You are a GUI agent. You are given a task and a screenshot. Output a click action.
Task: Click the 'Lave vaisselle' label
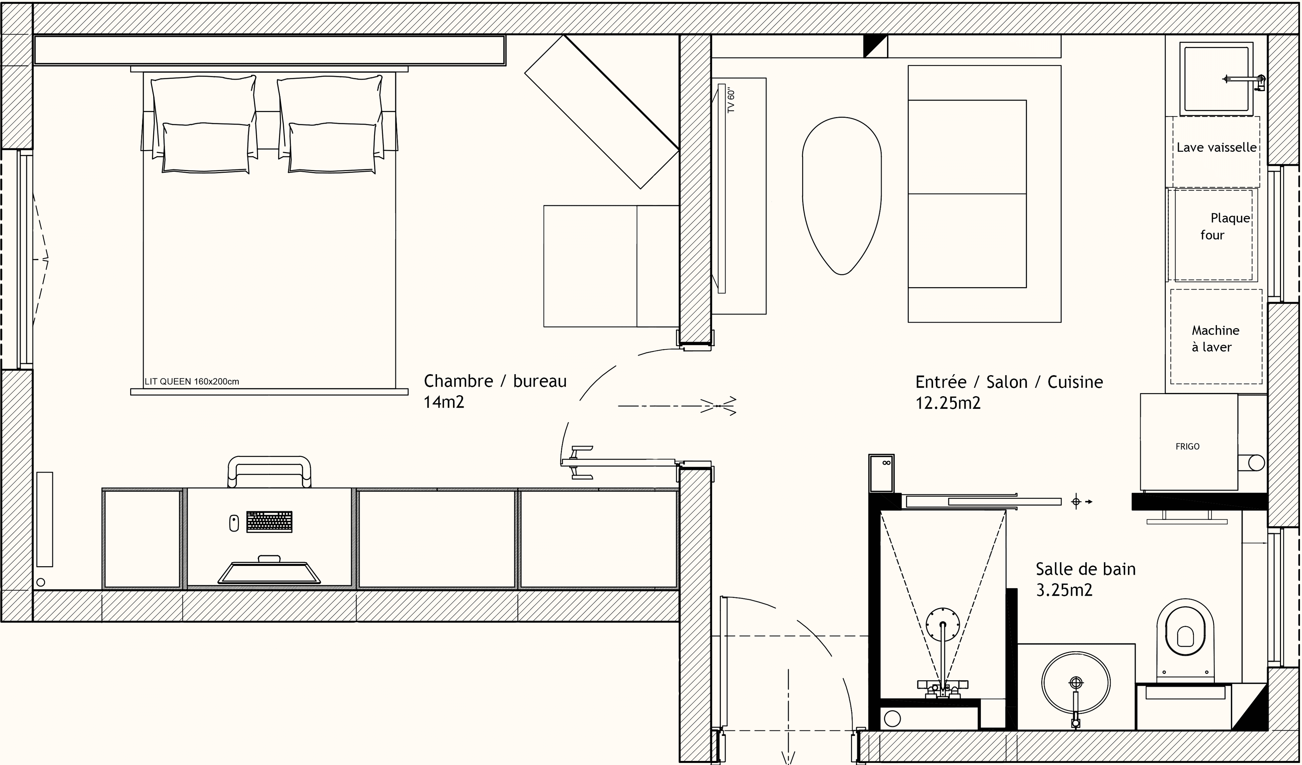coord(1216,148)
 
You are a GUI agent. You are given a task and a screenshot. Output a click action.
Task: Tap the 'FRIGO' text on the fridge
coord(1187,447)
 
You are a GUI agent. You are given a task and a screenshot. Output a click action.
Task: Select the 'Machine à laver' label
coord(1215,339)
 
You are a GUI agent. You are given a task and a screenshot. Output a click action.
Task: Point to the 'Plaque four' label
coord(1224,227)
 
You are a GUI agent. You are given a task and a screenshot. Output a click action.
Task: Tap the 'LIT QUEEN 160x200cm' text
coord(192,381)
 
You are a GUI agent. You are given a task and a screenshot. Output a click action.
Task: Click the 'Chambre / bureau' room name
coord(495,381)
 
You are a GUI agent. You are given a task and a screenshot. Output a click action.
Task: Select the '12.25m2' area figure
coord(948,403)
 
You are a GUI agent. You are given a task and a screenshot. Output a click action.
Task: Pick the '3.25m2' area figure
coord(1064,590)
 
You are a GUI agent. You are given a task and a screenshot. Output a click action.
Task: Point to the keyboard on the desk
coord(269,522)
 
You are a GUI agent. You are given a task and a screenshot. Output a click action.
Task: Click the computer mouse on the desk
coord(234,523)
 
